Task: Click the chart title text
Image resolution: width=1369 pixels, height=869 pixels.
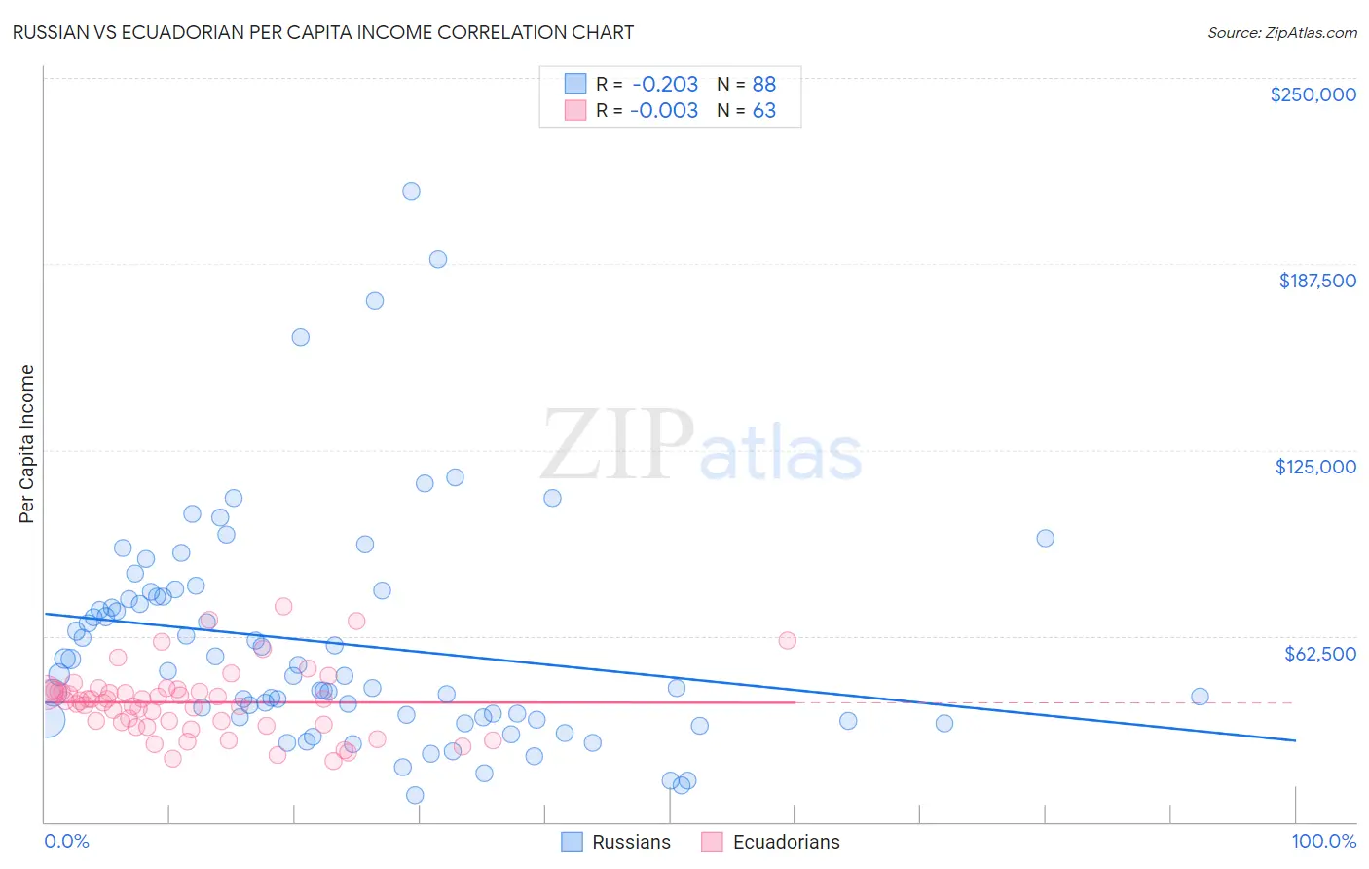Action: pos(323,32)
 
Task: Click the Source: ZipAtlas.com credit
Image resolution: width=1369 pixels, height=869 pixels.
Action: pos(1281,32)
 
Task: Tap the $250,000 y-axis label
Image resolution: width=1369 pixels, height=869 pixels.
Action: pos(1313,94)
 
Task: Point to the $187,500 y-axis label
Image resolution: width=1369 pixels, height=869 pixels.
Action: pos(1316,281)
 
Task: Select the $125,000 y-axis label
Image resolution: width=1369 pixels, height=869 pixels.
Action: pos(1315,467)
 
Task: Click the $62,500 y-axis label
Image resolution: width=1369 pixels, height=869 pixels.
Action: pos(1319,654)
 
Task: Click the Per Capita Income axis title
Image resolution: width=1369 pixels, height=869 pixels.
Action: pos(27,443)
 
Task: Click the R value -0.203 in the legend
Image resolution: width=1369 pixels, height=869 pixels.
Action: pos(664,85)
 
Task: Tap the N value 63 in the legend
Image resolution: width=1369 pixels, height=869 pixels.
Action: pos(764,111)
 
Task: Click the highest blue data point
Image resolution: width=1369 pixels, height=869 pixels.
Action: pos(411,191)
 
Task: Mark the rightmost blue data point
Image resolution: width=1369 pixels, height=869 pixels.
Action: pos(1200,697)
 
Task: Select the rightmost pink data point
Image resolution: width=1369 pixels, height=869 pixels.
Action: pos(787,640)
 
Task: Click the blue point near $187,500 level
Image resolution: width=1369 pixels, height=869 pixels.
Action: pos(438,259)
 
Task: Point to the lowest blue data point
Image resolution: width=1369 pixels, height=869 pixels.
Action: pos(415,795)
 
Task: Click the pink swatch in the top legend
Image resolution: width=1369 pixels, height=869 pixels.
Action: pos(575,111)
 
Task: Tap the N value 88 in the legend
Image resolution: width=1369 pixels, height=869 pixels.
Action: pos(764,85)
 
